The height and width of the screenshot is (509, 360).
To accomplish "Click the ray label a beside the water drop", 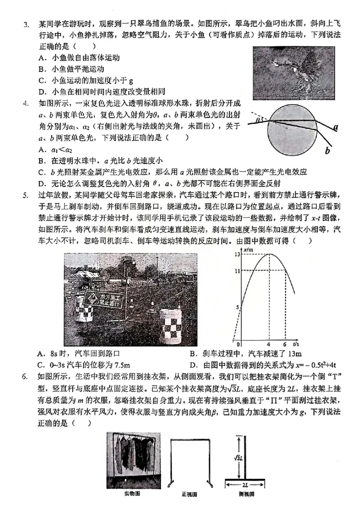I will (x=335, y=127).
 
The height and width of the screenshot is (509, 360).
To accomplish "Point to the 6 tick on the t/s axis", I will (x=285, y=345).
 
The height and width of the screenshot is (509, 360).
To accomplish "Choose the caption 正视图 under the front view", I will (x=189, y=494).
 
